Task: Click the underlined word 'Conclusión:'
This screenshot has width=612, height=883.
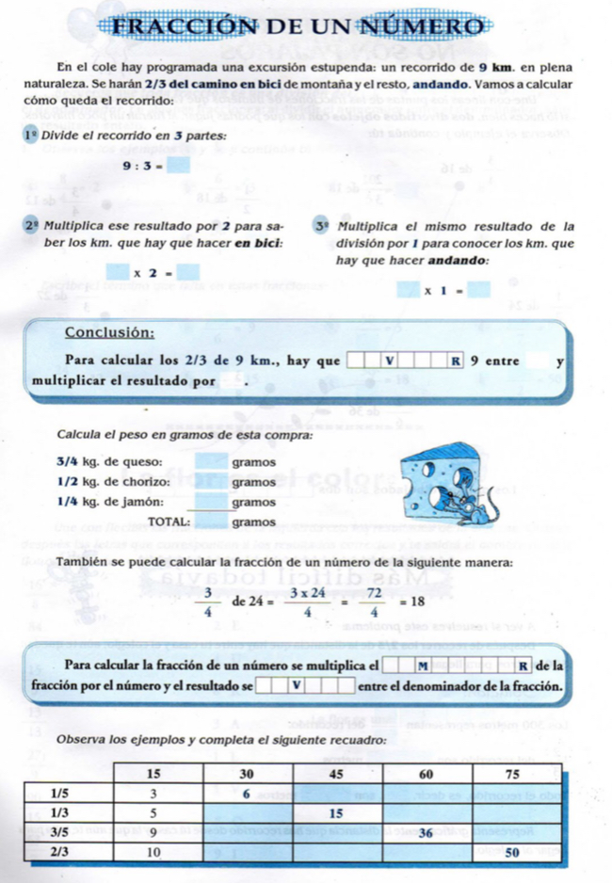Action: click(109, 332)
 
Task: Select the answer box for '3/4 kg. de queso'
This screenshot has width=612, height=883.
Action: click(211, 462)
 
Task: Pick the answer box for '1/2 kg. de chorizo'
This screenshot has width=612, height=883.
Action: click(211, 482)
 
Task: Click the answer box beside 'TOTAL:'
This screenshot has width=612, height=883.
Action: click(211, 521)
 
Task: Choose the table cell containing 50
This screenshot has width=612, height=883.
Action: click(512, 852)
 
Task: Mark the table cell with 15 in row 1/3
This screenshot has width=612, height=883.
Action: click(335, 812)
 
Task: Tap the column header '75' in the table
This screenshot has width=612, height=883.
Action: click(513, 774)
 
